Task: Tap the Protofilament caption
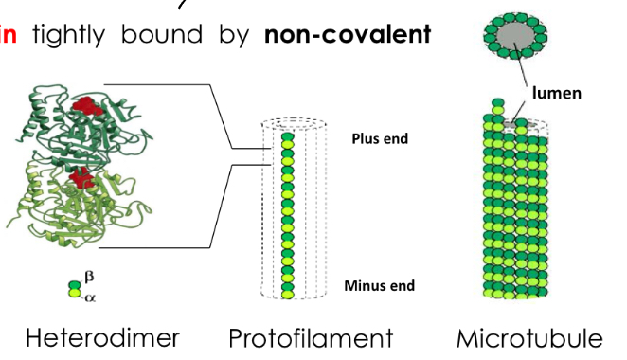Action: (x=310, y=337)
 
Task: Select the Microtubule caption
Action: (x=528, y=337)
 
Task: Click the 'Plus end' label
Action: (x=379, y=139)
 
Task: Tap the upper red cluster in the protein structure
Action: (x=89, y=106)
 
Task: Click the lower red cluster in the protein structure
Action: (x=81, y=175)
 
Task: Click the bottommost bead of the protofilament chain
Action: (x=288, y=294)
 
